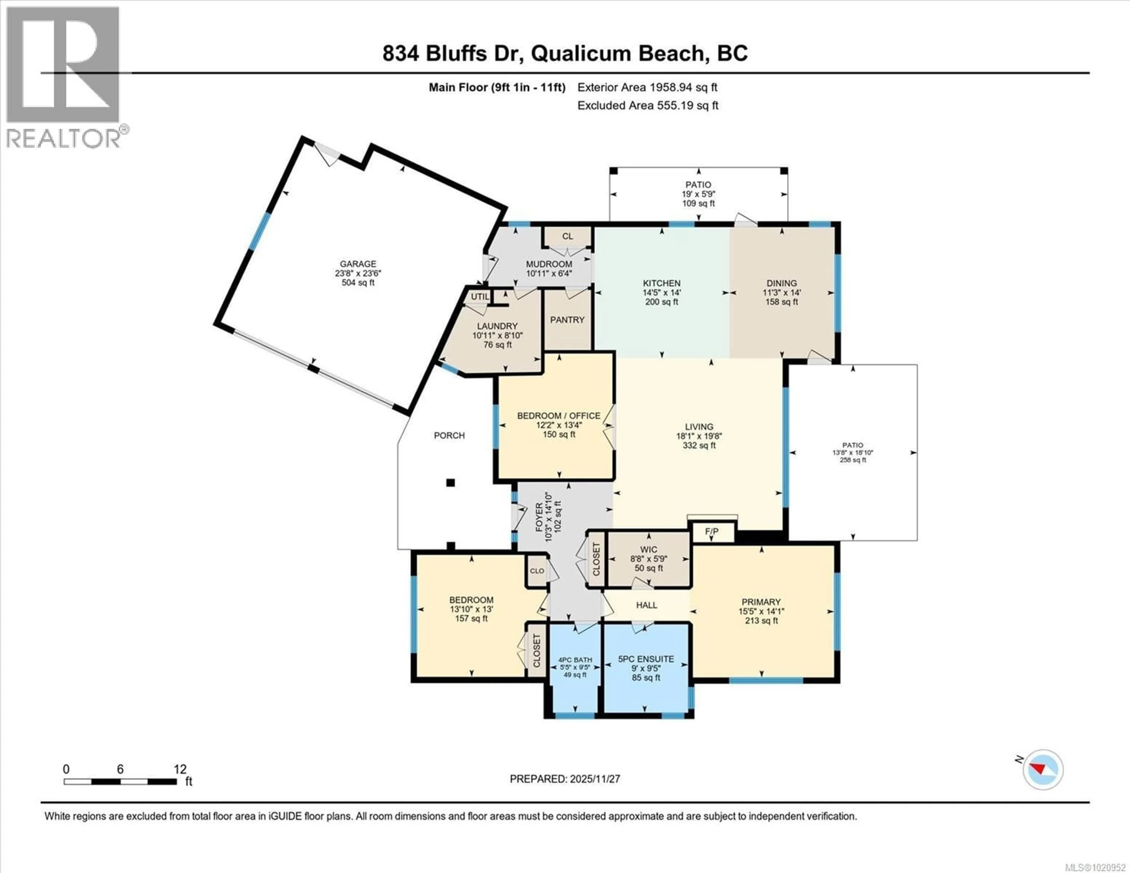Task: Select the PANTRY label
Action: pos(567,320)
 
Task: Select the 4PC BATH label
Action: pos(575,660)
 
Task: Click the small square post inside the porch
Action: pos(451,483)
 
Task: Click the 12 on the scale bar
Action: pos(180,769)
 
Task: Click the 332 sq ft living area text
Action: pos(699,445)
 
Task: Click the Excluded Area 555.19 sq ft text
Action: pos(648,106)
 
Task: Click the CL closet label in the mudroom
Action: pos(568,237)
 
